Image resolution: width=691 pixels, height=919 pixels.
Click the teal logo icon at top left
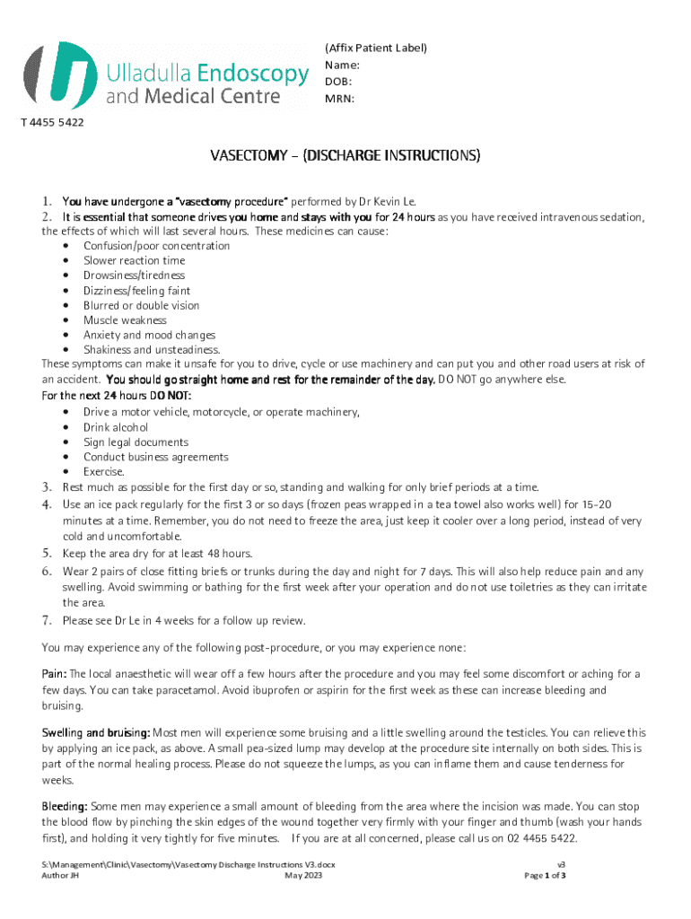pos(61,75)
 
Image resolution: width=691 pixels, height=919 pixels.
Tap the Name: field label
pos(342,66)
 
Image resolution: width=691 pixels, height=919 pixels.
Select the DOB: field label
pos(339,82)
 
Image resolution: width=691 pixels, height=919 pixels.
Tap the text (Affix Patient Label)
pos(375,48)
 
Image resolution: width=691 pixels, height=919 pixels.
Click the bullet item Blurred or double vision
pos(141,305)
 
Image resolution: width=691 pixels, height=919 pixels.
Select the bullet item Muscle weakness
pos(125,320)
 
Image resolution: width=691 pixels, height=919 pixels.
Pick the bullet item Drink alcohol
pos(116,427)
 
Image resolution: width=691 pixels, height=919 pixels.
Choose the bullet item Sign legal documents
pos(136,442)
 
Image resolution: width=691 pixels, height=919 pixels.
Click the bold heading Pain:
pos(54,674)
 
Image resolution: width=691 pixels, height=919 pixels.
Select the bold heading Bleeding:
pos(64,808)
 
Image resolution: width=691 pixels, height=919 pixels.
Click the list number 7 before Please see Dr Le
pos(47,620)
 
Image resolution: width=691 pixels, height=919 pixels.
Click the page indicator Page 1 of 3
pos(545,874)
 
